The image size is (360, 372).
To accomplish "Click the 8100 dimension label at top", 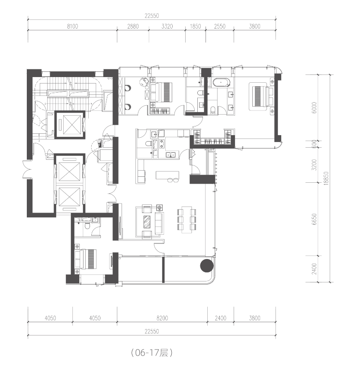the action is click(72, 26).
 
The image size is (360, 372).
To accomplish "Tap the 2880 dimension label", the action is click(133, 26).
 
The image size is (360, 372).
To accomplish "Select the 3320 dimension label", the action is click(167, 26).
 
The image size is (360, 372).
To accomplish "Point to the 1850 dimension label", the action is click(195, 26).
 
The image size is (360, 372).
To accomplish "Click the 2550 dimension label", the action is click(220, 26).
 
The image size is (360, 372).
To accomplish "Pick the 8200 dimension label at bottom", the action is click(162, 318).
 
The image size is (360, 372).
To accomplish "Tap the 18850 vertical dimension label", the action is click(326, 178).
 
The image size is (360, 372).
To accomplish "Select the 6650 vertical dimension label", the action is click(314, 219).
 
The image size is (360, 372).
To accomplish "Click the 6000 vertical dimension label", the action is click(314, 108).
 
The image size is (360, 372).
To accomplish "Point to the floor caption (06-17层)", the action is click(152, 353).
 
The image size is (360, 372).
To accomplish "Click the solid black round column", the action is click(207, 266).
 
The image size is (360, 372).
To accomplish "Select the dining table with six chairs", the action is click(187, 220).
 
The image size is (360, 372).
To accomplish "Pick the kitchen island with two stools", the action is click(167, 176).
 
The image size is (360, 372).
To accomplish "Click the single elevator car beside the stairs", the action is click(70, 125).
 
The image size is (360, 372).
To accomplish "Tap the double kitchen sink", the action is click(170, 155).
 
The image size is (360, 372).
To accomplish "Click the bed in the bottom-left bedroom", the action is click(86, 259).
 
